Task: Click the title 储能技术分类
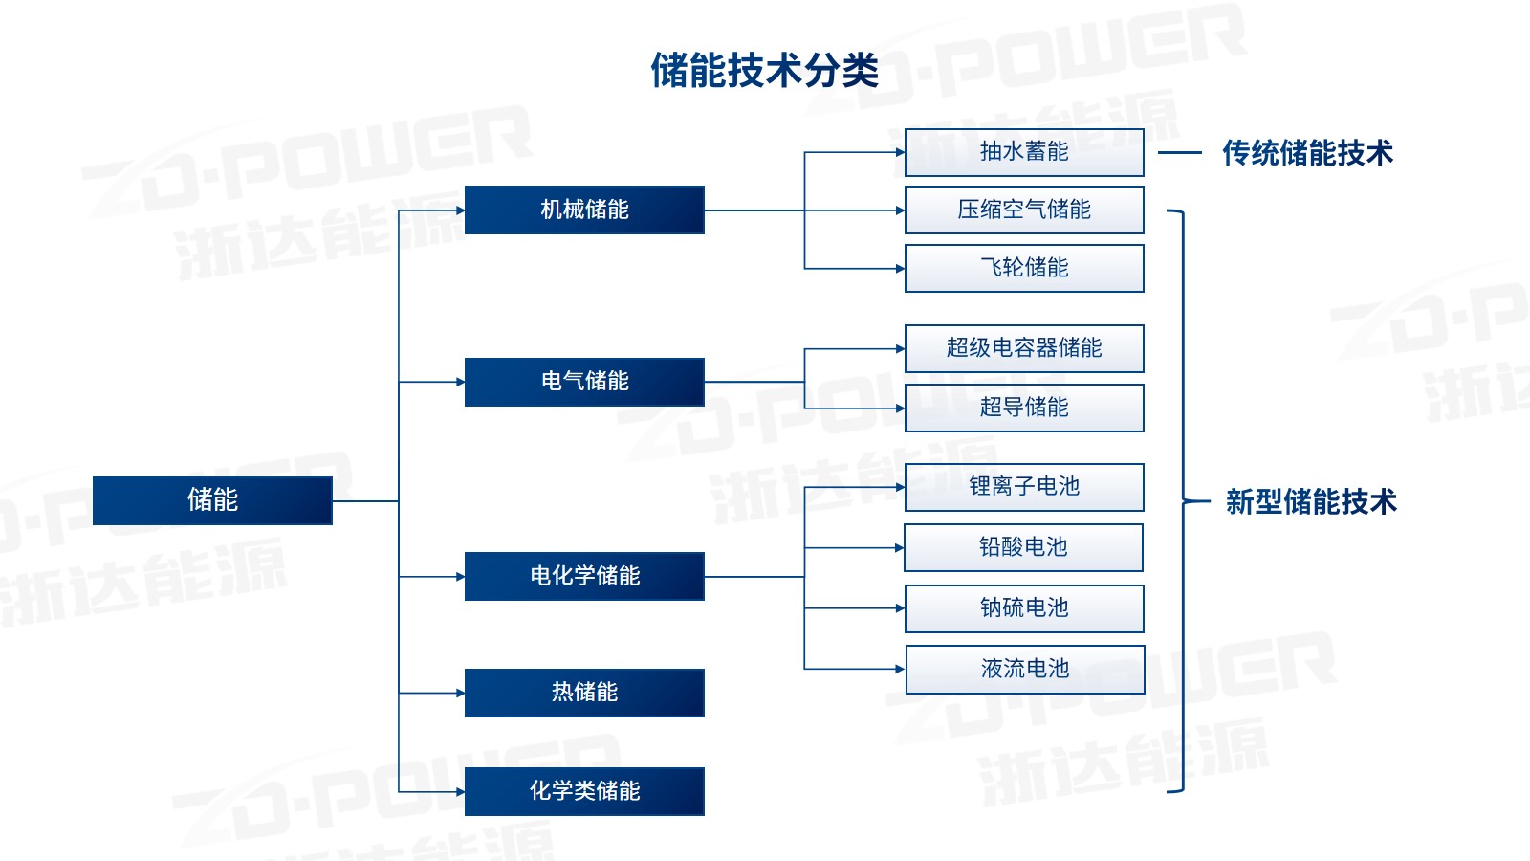tap(764, 70)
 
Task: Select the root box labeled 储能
tap(212, 500)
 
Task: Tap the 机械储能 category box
tap(584, 210)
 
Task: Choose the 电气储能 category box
tap(584, 382)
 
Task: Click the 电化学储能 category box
tap(584, 576)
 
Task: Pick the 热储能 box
tap(584, 693)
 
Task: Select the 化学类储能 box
tap(584, 791)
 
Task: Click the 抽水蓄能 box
tap(1024, 152)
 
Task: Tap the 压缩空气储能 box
tap(1024, 210)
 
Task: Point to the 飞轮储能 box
tap(1024, 268)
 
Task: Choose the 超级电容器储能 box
tap(1024, 348)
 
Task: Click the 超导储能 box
tap(1024, 408)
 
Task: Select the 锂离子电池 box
tap(1024, 487)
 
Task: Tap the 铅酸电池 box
tap(1023, 547)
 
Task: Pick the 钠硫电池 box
tap(1024, 608)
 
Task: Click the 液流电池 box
tap(1025, 669)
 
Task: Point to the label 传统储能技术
tap(1307, 153)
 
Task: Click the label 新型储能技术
tap(1311, 501)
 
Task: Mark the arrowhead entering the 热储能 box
tap(460, 693)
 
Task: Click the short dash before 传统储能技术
tap(1180, 153)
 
